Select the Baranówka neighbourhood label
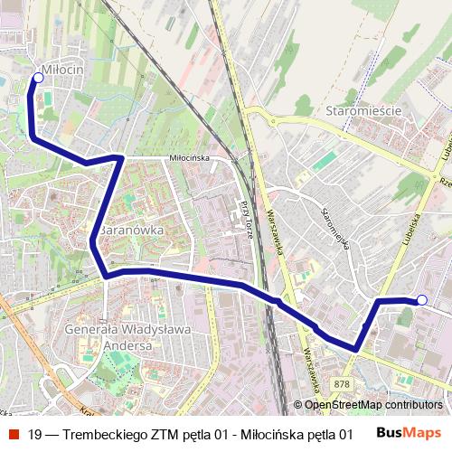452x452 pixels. point(131,230)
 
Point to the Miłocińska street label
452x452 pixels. point(190,157)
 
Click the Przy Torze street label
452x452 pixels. point(245,217)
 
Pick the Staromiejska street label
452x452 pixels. point(335,226)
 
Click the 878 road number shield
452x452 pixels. point(341,384)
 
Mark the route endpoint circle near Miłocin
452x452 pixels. point(38,79)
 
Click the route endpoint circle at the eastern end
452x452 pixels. point(422,299)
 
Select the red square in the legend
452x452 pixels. point(14,434)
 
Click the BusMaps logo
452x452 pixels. point(409,433)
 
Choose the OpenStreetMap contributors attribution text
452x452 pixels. point(372,405)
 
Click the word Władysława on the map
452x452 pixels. point(158,330)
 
